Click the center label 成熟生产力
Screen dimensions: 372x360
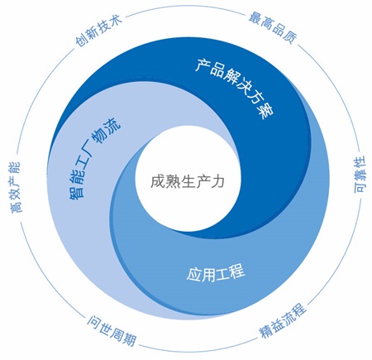[x=187, y=181]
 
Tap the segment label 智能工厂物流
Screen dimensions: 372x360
[x=93, y=158]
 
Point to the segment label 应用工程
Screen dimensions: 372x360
[x=216, y=273]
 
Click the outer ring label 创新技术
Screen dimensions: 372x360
[x=98, y=31]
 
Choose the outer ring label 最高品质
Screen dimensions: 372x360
[x=274, y=27]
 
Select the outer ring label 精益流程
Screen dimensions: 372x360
[x=283, y=320]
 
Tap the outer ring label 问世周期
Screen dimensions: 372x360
[x=112, y=330]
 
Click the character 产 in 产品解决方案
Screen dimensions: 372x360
[x=202, y=65]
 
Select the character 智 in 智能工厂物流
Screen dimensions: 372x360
[x=75, y=191]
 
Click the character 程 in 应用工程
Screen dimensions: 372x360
[x=237, y=271]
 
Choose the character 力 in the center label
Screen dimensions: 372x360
[x=217, y=181]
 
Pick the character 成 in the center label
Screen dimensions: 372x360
[x=157, y=181]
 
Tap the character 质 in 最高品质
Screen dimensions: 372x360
[x=292, y=37]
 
